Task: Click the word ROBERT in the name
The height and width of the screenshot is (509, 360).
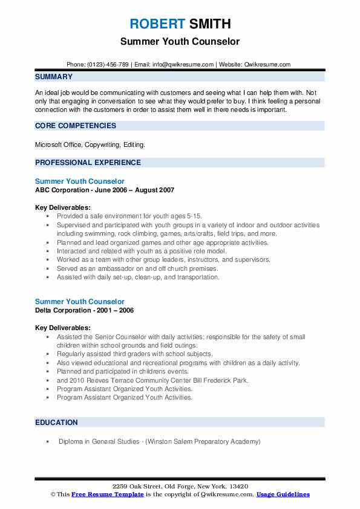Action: click(x=156, y=24)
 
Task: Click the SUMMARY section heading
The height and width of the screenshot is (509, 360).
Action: click(x=54, y=77)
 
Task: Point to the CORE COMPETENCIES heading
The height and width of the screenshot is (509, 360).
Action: click(x=76, y=126)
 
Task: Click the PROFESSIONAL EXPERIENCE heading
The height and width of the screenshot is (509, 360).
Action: click(x=88, y=162)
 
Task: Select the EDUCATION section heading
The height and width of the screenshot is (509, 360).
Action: click(x=57, y=423)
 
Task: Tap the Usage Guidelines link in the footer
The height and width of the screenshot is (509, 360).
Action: click(x=283, y=494)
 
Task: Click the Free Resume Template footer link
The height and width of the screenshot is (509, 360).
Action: click(x=108, y=494)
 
